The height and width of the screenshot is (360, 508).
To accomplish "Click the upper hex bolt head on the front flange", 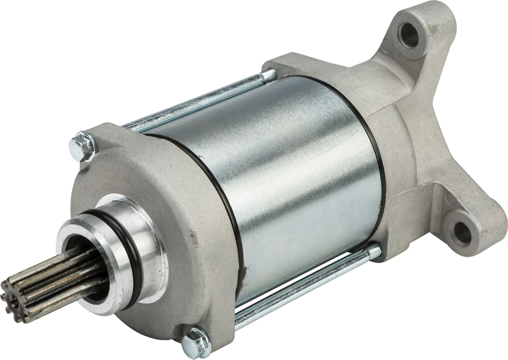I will point(83,146).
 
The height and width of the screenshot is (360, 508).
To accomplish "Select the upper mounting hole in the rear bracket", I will point(409,36).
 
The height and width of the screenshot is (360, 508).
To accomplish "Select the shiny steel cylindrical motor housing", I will point(288,178).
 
